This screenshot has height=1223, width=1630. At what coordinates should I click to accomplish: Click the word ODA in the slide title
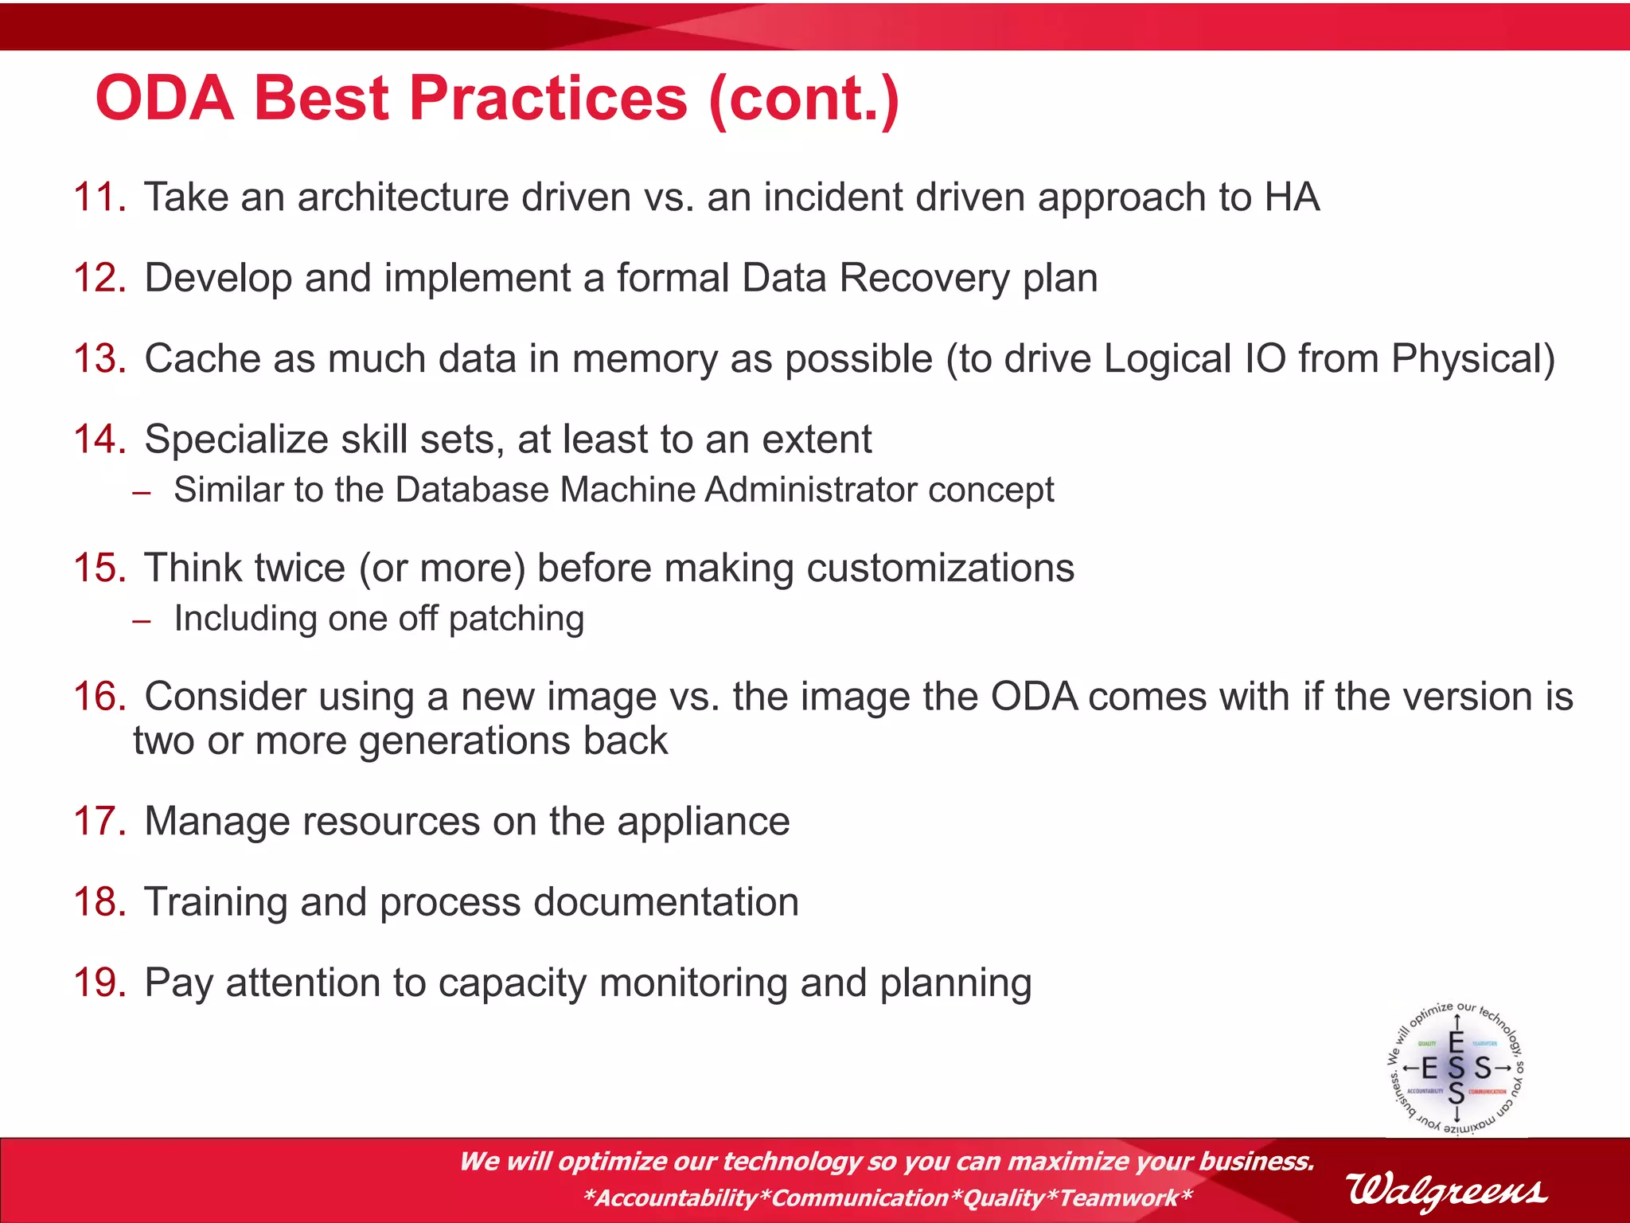(x=165, y=98)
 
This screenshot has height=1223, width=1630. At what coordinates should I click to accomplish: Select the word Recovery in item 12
(x=924, y=278)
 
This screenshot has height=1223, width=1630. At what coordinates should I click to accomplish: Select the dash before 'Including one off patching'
(x=142, y=622)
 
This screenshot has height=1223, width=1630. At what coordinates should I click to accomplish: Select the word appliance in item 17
(x=704, y=822)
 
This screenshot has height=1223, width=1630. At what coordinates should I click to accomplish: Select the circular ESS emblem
(x=1456, y=1068)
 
